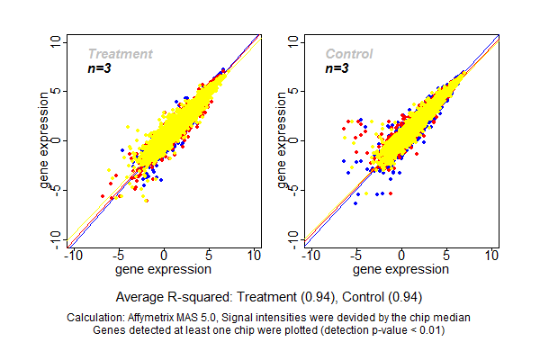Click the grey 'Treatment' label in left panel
point(120,54)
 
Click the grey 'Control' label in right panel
point(349,54)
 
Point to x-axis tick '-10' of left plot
point(73,256)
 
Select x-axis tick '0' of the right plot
point(400,256)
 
